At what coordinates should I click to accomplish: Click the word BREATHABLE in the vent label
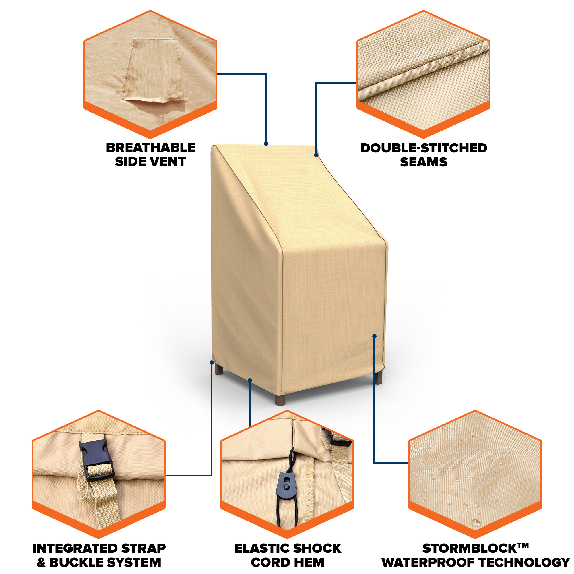(x=151, y=147)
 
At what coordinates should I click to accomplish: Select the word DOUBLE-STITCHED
(x=424, y=148)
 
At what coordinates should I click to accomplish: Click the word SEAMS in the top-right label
(x=424, y=162)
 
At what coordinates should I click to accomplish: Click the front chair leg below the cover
(x=280, y=400)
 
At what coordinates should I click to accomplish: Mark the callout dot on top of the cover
(x=266, y=144)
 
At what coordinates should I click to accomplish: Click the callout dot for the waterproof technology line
(x=374, y=336)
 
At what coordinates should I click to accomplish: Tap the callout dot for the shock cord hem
(x=250, y=381)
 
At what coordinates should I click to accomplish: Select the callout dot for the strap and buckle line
(x=212, y=362)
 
